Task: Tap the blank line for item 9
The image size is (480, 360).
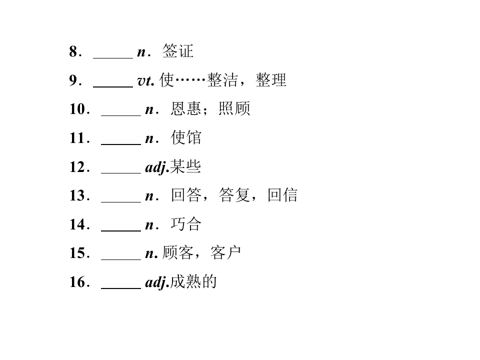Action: point(113,87)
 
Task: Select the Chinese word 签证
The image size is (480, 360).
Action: point(178,51)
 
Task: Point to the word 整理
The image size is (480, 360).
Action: point(271,80)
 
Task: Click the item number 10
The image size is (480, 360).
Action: point(77,109)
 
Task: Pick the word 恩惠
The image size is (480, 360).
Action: point(186,108)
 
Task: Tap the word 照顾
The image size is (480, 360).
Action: point(234,108)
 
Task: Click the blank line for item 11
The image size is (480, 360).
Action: point(121,144)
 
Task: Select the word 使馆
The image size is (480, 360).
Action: point(186,137)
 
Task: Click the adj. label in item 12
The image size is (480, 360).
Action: point(157,167)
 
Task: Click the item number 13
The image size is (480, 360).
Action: point(77,195)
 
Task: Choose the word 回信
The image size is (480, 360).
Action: point(282,195)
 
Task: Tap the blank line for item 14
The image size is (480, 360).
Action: point(121,230)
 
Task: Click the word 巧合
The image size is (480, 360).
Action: point(186,224)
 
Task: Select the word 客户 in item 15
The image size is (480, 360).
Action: point(225,252)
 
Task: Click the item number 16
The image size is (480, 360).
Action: point(77,282)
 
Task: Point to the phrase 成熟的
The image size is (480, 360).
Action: point(193,281)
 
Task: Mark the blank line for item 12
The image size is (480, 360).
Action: point(121,173)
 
